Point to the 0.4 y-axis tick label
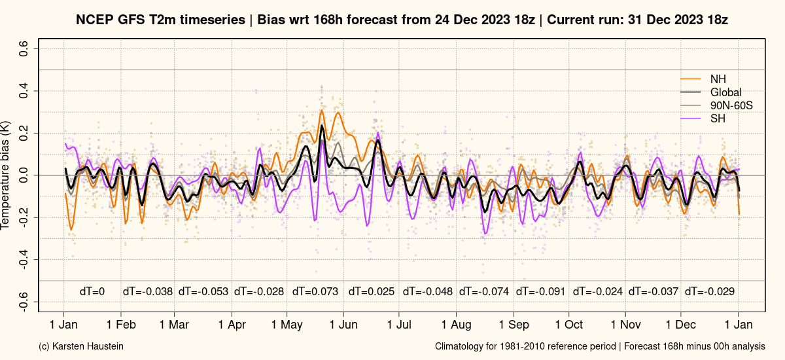24,91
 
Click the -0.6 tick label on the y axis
24,302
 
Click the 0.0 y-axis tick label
24,175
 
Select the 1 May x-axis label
287,325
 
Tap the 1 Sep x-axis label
514,325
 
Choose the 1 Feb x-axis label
121,325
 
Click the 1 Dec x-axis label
680,325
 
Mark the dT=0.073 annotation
315,291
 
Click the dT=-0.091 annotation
540,291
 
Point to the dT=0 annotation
92,291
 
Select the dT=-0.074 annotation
483,291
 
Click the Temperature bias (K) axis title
5,175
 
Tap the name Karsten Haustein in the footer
88,346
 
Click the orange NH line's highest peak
322,110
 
